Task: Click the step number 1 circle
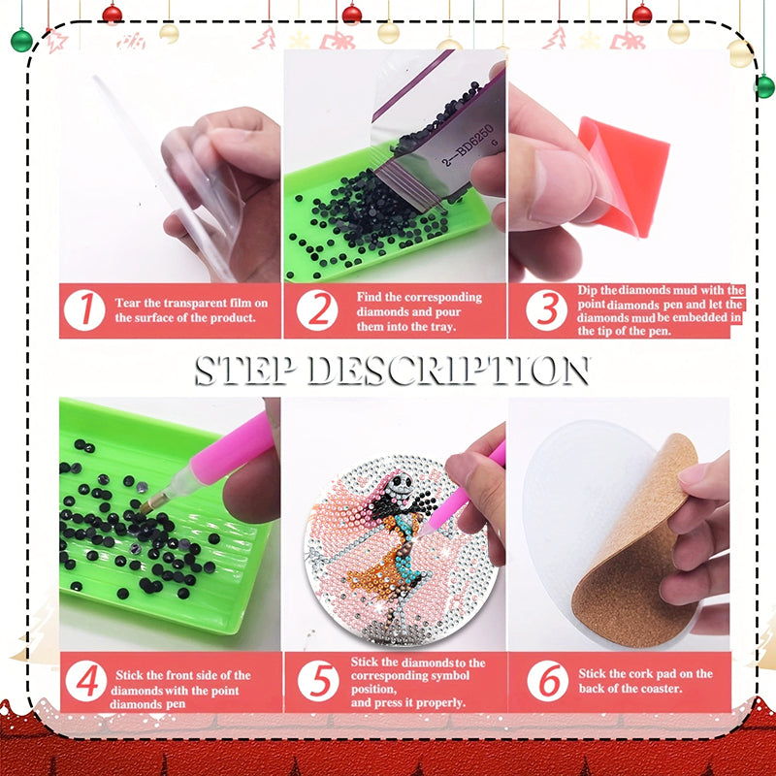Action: pyautogui.click(x=86, y=310)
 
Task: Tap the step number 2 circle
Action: pyautogui.click(x=317, y=310)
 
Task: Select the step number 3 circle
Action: pyautogui.click(x=547, y=310)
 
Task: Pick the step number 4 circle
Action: pyautogui.click(x=86, y=682)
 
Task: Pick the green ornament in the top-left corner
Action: pyautogui.click(x=21, y=40)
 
